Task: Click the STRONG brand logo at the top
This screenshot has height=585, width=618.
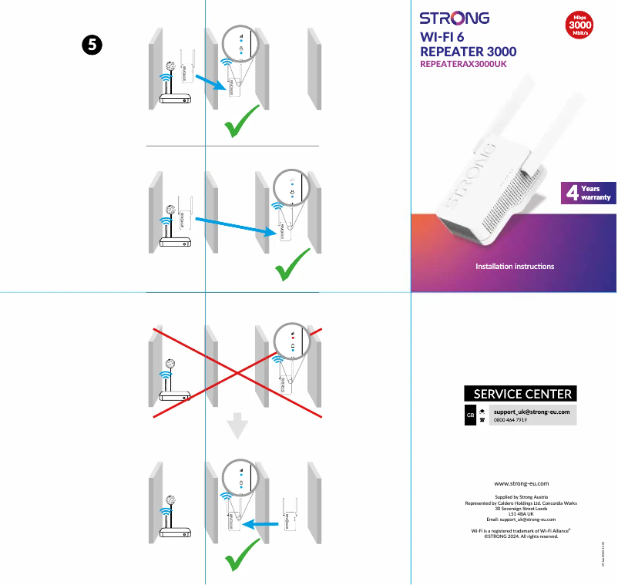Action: click(x=454, y=18)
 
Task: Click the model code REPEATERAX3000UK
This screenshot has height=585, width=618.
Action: click(x=462, y=65)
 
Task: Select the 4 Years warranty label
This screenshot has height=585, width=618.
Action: click(x=588, y=193)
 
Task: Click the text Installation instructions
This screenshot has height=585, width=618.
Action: click(x=515, y=267)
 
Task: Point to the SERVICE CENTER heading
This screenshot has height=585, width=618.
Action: click(x=522, y=394)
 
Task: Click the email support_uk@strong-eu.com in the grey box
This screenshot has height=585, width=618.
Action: click(x=532, y=412)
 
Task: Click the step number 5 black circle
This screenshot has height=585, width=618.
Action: click(x=90, y=45)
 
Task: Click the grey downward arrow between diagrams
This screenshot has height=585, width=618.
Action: click(x=239, y=425)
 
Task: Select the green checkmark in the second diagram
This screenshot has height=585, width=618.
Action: click(x=293, y=265)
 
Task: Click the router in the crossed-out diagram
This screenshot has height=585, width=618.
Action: click(x=173, y=396)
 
